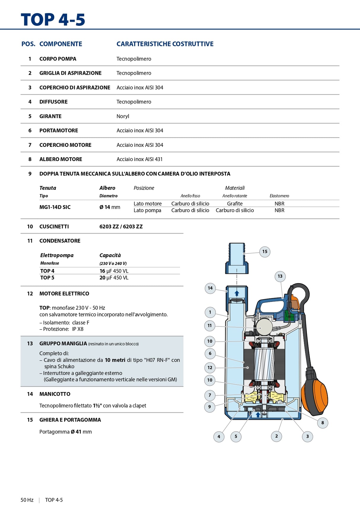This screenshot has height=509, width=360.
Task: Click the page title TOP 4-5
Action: pos(53,20)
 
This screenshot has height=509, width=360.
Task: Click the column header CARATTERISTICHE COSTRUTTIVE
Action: pos(165,44)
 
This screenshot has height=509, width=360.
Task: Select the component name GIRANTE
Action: pos(50,116)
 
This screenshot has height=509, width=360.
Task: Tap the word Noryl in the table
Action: pos(123,116)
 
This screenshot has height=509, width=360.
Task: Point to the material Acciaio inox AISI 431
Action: pos(139,159)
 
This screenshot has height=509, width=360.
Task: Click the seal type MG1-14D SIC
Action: pos(55,207)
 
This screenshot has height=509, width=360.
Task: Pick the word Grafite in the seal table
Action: pos(235,204)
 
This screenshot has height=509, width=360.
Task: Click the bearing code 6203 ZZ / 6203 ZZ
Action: pos(121,227)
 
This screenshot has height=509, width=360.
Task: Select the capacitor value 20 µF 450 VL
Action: pos(114,278)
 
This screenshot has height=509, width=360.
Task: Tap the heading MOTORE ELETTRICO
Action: pos(64,294)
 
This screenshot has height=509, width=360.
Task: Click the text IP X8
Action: pos(78,329)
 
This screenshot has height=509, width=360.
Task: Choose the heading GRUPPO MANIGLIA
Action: pos(63,343)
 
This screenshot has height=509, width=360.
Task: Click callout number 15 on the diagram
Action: pos(265,252)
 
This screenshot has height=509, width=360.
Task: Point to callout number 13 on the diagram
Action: pos(280,276)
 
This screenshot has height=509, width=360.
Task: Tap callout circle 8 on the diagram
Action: pos(323,423)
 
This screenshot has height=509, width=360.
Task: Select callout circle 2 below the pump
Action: pos(276,436)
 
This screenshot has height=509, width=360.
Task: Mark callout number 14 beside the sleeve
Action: pos(210,288)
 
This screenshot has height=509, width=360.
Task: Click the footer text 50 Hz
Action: pos(27,500)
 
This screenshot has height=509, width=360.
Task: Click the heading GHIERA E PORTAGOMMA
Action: pos(70,420)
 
